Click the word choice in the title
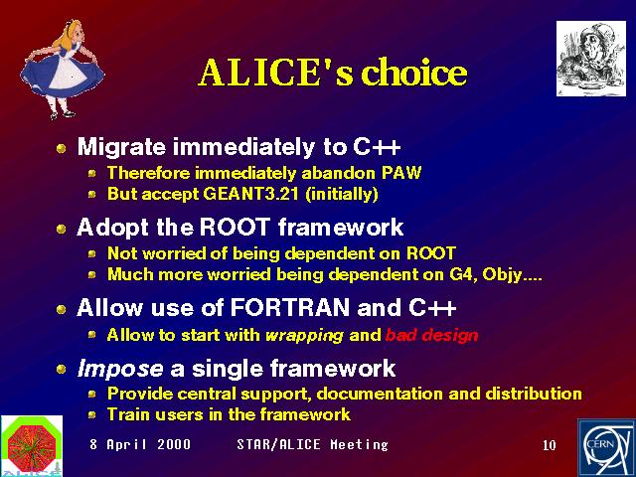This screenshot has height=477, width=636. coord(414,73)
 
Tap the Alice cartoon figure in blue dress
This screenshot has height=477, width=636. coord(62,70)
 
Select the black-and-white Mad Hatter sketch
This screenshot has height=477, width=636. coord(591,59)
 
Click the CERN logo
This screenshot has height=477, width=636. coord(606,448)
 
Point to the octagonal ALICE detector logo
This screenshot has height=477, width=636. coord(31,445)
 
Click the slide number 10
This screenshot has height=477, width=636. coord(550,445)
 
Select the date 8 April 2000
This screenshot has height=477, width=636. coord(140,444)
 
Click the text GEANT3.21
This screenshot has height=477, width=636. coord(250,194)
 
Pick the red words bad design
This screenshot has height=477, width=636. coord(431,335)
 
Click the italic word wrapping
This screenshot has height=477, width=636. coord(304,336)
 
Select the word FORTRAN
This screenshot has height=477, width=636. coord(290,307)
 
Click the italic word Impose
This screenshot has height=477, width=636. coord(120,369)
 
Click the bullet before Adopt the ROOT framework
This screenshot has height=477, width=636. coord(62,230)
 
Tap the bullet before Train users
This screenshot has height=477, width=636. coord(92,415)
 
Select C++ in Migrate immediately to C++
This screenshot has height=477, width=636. coord(377,146)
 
